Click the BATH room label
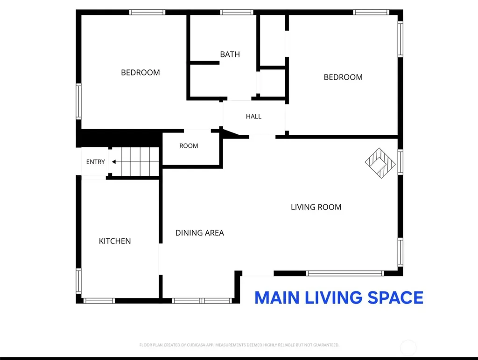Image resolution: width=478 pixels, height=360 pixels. pos(230,55)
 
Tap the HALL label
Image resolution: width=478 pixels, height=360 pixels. pos(253,116)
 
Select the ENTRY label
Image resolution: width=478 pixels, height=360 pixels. pos(95,162)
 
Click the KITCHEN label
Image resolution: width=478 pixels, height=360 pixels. pos(115,241)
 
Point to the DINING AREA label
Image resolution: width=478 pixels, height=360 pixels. pos(200,233)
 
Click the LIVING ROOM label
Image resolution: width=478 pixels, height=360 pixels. pos(316,207)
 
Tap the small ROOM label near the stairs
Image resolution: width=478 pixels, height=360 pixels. pos(189,146)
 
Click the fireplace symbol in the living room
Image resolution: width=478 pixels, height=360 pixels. pos(380,163)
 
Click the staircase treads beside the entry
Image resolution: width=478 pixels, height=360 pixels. pos(140,162)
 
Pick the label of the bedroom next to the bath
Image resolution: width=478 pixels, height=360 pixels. pos(140,72)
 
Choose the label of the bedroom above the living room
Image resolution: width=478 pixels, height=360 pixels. pos(343,77)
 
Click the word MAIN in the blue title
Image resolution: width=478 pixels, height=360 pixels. pos(277,298)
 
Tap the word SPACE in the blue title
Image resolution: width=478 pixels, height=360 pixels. pos(395,298)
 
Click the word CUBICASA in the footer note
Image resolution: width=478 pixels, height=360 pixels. pos(196,345)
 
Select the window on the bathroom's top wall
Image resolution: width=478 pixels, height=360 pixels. pos(237,12)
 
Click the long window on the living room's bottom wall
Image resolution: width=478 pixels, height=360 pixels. pos(345,273)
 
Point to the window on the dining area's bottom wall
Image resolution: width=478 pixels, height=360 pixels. pos(202,301)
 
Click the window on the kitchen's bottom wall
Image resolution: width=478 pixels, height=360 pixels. pos(99,301)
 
